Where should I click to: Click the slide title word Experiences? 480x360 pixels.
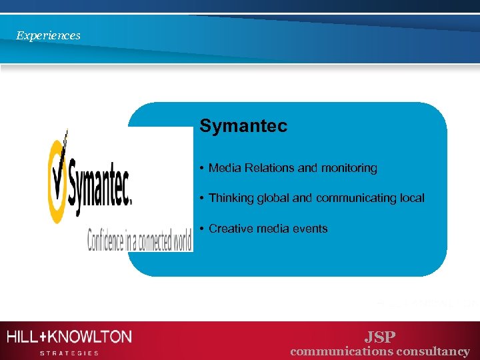[x=48, y=35]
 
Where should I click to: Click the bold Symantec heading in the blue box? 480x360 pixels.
[x=243, y=126]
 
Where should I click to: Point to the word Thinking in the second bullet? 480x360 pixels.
[x=230, y=198]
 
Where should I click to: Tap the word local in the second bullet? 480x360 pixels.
[x=411, y=198]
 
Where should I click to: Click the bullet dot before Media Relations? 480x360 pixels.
[x=201, y=169]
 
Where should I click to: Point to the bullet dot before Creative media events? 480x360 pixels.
[x=201, y=229]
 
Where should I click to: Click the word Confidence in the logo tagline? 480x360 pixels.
[x=107, y=240]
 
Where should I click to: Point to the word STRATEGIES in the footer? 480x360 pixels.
[x=69, y=353]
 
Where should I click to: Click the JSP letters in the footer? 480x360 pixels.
[x=380, y=337]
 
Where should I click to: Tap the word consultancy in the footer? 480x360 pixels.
[x=433, y=351]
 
